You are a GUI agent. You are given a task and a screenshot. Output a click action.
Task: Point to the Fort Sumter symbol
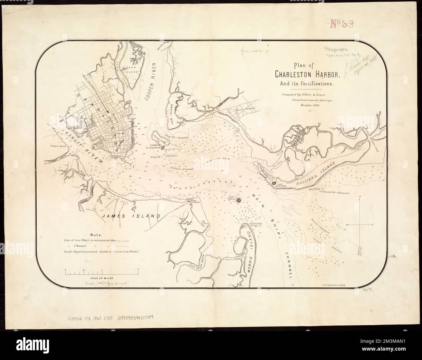click(239, 201)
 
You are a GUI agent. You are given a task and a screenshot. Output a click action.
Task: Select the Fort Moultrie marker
click(274, 183)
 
